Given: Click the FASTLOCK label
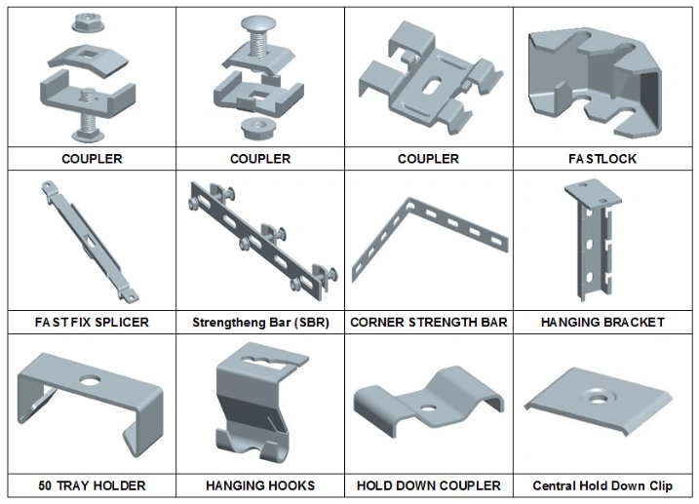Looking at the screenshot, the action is [602, 159].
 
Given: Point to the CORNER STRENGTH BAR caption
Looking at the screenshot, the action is [428, 322].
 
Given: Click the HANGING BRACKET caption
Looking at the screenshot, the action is [602, 322].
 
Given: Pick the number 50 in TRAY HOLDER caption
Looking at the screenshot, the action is [45, 485].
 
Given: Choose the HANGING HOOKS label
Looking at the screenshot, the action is [260, 485].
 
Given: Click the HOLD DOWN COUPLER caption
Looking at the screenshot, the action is [428, 485].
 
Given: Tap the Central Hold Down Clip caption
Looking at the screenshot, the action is [602, 485].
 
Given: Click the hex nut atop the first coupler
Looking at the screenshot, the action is [88, 22].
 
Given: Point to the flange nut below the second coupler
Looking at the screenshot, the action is [256, 129].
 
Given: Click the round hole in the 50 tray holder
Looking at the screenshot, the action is [90, 381].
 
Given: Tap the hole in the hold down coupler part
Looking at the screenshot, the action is [428, 407].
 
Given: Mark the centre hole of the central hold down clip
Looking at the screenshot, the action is [598, 397].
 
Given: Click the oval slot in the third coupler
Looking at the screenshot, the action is [431, 86].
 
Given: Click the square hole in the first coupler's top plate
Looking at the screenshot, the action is [87, 56].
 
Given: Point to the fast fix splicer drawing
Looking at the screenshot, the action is [90, 241].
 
